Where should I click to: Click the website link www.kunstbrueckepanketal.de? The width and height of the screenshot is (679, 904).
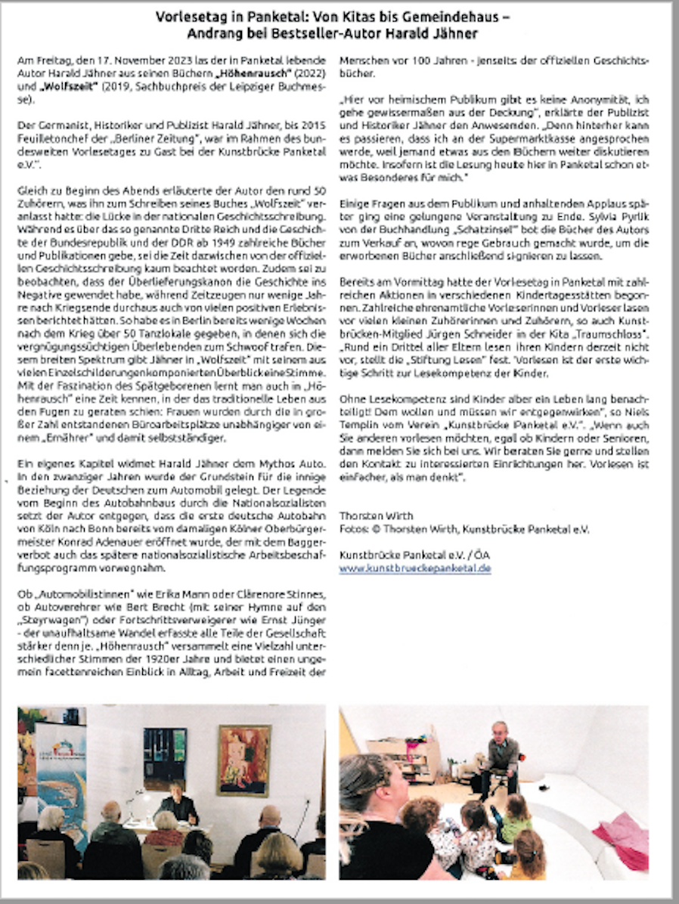(x=414, y=568)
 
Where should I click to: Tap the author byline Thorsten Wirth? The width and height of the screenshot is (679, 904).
(x=375, y=516)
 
